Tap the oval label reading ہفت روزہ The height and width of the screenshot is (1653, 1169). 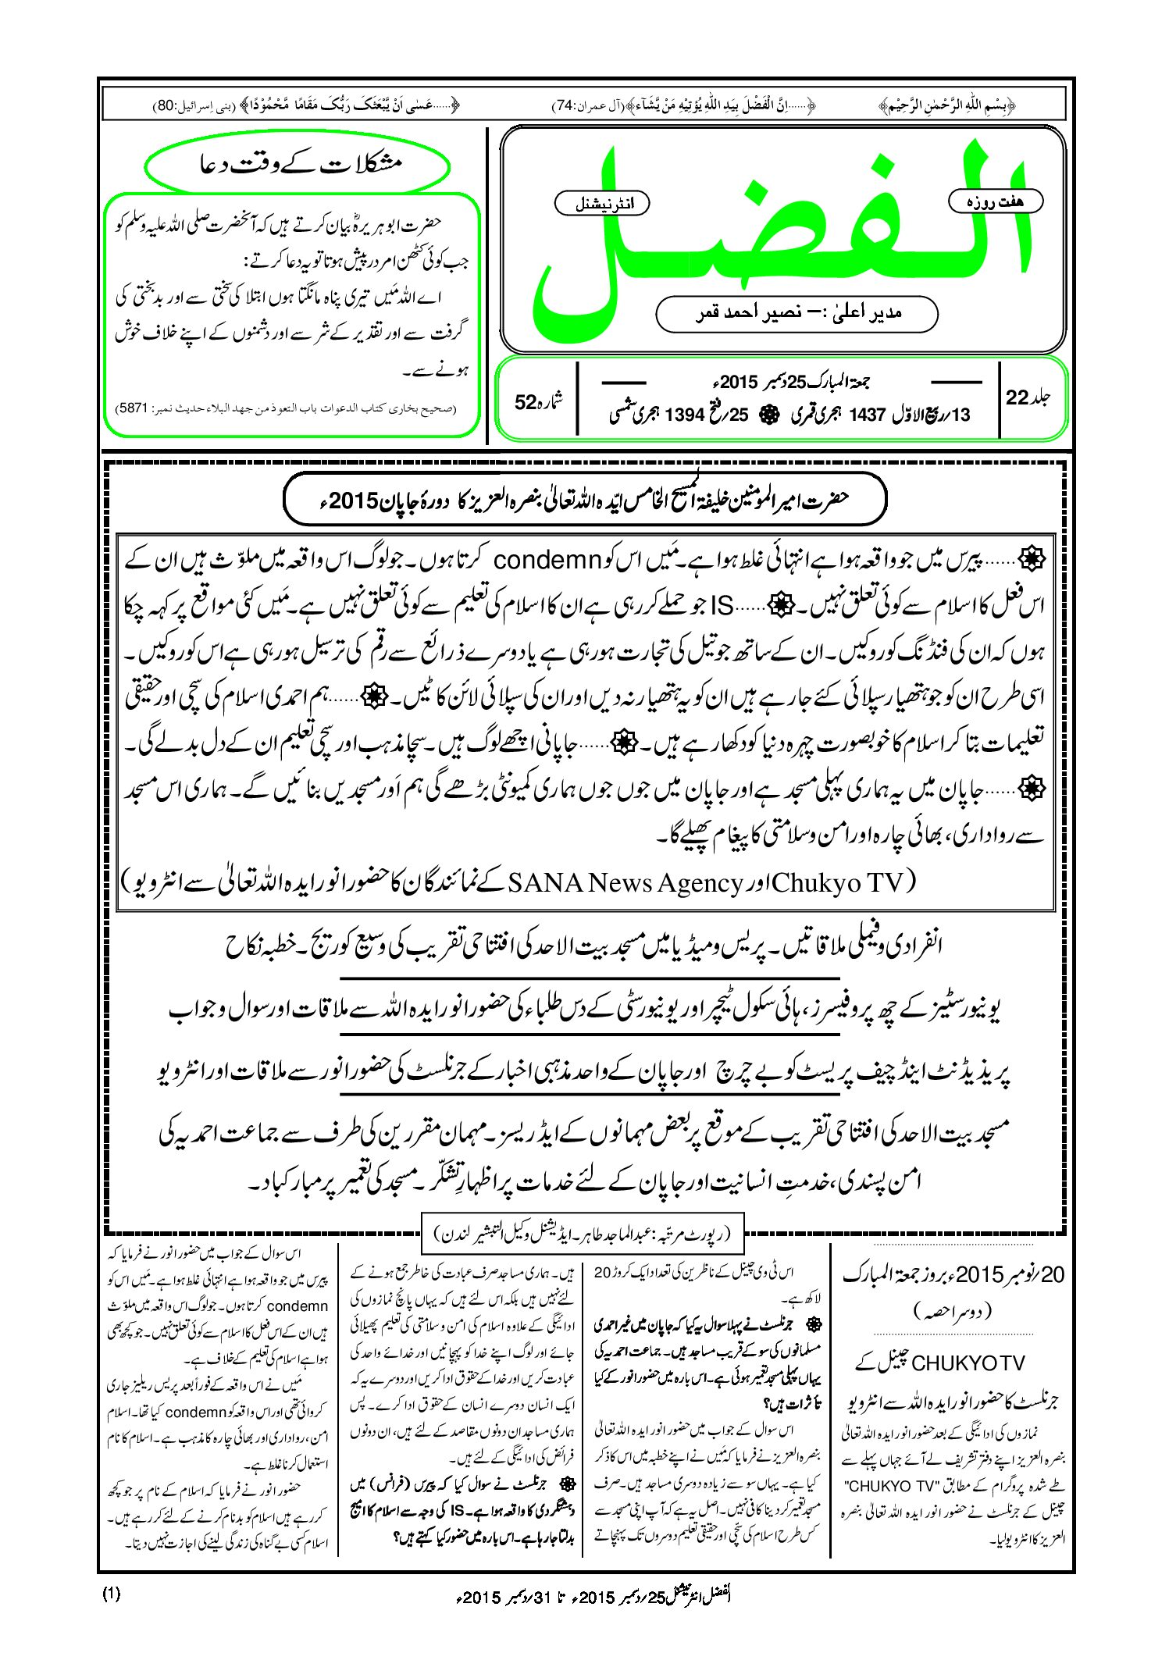coord(995,201)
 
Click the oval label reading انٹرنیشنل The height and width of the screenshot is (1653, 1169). coord(601,204)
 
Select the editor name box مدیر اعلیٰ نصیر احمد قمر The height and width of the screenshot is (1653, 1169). coord(797,313)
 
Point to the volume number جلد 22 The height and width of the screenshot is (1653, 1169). coord(1028,397)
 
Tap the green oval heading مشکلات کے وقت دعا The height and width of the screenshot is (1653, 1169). coord(298,166)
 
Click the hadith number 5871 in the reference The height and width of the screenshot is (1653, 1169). coord(130,408)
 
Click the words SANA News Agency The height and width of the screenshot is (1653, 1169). coord(625,882)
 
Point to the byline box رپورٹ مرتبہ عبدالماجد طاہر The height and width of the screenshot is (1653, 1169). coord(582,1234)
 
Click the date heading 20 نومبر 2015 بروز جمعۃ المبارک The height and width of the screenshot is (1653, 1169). coord(953,1275)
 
